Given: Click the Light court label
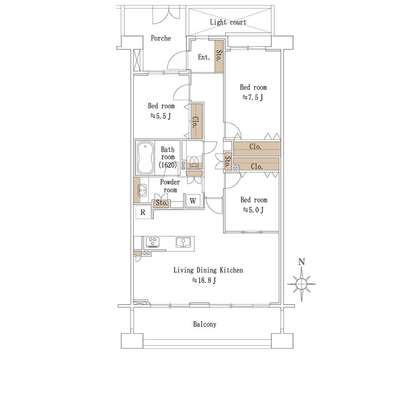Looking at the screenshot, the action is pos(228,22).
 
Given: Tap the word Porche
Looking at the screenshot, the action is pos(161,38).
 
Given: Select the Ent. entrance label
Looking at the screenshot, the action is pos(204,57).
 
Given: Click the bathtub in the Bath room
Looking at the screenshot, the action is pos(145,158).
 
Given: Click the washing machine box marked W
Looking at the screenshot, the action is pos(193,201).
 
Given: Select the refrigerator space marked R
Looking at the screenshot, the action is pos(143,212).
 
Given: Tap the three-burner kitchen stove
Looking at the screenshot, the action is pos(153,242).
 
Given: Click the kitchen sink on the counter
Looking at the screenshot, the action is pos(183,242).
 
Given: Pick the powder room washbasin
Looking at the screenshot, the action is pos(142,190).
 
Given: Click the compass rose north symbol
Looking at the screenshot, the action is pos(302,284).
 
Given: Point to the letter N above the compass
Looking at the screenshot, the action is pos(301,262).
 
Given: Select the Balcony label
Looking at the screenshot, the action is pos(204,324).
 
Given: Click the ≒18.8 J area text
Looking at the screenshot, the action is pos(204,280).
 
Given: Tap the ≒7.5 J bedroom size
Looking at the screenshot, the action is pos(253,97).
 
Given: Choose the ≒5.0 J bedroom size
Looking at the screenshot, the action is pos(253,210).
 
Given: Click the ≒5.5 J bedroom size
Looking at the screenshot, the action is pos(161,116).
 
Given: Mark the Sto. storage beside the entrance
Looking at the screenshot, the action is pos(219,56).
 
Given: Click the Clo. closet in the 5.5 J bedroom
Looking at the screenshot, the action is pos(196,121).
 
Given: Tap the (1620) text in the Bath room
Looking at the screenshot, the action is pos(168,165).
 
